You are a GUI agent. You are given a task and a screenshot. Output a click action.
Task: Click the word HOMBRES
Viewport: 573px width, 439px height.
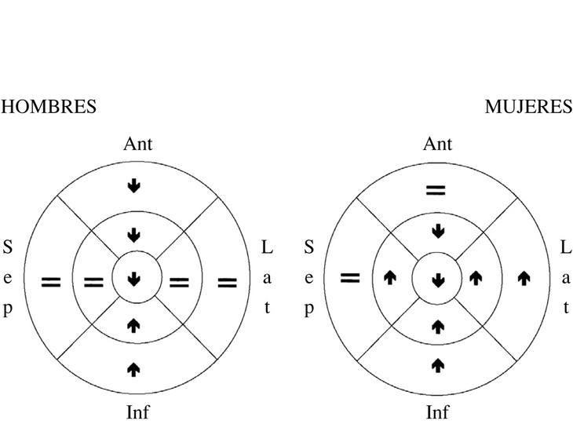click(49, 108)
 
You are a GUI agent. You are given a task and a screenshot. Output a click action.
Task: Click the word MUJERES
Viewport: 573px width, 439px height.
click(528, 108)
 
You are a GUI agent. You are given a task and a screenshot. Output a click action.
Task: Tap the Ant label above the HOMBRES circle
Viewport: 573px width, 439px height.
click(137, 144)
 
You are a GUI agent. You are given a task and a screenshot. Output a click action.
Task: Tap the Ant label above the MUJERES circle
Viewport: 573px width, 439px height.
click(437, 144)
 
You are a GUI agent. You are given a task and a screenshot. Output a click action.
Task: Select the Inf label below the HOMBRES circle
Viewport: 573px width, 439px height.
click(137, 412)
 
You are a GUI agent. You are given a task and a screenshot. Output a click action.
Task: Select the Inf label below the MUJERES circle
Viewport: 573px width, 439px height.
click(437, 412)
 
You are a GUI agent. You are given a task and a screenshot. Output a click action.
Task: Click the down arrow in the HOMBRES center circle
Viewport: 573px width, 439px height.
click(134, 279)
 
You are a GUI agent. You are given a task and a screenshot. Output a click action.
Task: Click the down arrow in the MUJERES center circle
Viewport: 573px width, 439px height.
click(438, 280)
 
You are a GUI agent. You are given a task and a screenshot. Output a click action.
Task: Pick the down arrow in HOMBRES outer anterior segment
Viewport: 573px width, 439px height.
click(134, 185)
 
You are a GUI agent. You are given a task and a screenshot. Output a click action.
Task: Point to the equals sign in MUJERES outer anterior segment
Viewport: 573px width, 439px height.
click(436, 190)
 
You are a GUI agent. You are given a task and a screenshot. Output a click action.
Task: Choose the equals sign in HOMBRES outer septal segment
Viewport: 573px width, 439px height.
click(51, 281)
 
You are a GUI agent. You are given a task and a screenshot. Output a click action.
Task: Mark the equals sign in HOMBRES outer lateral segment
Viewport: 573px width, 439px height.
click(227, 281)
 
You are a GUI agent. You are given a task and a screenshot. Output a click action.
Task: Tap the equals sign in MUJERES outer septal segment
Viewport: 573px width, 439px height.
click(350, 276)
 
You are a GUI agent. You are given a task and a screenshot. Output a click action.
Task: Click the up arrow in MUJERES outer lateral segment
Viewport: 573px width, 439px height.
click(524, 277)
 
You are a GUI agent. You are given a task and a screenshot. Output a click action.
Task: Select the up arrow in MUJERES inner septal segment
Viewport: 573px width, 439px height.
click(389, 277)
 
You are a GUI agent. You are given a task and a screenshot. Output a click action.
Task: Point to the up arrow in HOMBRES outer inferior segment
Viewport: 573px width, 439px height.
click(134, 368)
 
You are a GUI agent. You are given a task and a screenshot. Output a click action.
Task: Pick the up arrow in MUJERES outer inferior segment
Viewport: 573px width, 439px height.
click(438, 364)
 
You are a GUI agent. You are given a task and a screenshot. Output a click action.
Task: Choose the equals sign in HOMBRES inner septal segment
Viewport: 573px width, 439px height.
click(93, 281)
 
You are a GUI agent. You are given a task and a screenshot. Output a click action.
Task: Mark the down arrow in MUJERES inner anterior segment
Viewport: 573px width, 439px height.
click(438, 232)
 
